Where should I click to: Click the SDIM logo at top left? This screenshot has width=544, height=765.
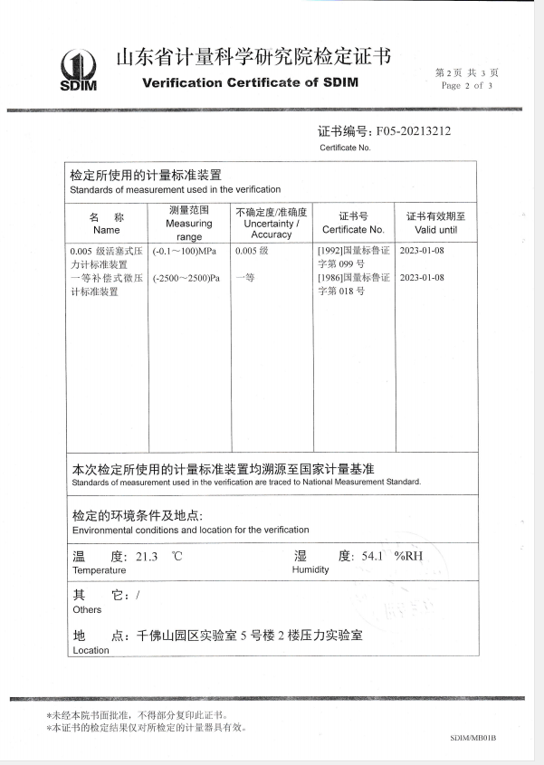[x=78, y=71]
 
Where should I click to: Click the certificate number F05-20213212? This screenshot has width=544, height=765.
[x=413, y=131]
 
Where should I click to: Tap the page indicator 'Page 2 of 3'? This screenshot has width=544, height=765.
[x=467, y=86]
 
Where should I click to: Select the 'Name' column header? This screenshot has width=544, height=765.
[x=106, y=230]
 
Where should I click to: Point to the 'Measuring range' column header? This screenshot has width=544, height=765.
[x=189, y=223]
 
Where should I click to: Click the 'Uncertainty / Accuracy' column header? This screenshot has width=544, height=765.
[x=271, y=223]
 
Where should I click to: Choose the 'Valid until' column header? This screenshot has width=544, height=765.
[x=435, y=230]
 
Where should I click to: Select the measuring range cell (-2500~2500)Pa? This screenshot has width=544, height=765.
[x=186, y=278]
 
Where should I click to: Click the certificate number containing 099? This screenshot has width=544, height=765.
[x=353, y=257]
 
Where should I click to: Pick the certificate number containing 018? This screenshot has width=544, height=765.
[x=353, y=284]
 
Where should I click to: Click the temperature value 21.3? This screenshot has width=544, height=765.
[x=147, y=557]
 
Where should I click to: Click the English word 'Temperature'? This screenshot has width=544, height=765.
[x=99, y=570]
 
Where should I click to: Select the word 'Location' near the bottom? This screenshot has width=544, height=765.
[x=91, y=650]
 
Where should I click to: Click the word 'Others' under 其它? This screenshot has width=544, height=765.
[x=87, y=610]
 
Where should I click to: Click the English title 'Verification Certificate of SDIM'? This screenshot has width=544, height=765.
[x=251, y=82]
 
